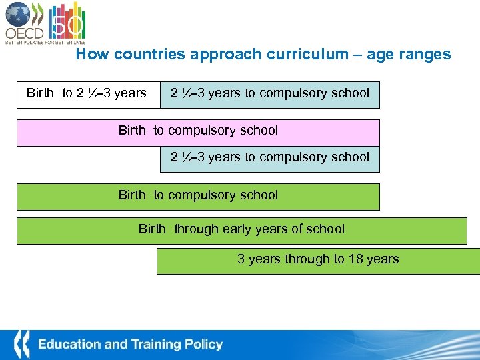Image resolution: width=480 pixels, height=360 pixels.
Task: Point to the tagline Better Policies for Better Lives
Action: pyautogui.click(x=45, y=42)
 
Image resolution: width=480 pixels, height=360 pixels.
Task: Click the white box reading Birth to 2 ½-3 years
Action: pyautogui.click(x=87, y=93)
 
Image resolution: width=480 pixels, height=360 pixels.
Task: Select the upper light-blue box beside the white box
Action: pyautogui.click(x=270, y=93)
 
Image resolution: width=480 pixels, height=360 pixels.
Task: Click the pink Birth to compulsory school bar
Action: pyautogui.click(x=198, y=132)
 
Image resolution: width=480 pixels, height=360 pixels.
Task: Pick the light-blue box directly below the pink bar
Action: pyautogui.click(x=270, y=158)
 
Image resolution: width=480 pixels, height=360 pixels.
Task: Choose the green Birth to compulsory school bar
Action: pyautogui.click(x=198, y=196)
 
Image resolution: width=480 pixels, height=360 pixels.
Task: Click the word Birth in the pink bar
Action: pyautogui.click(x=132, y=131)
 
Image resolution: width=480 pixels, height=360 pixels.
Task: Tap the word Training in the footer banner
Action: pyautogui.click(x=158, y=345)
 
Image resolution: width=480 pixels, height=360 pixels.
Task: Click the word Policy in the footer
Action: pyautogui.click(x=205, y=345)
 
